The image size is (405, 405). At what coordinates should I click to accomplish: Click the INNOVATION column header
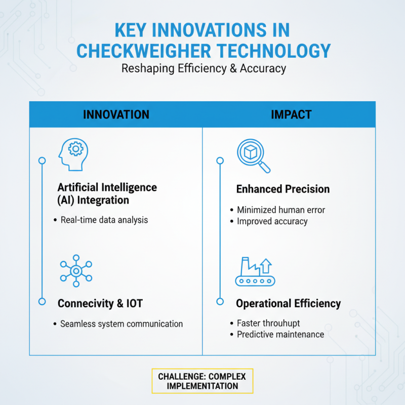point(116,114)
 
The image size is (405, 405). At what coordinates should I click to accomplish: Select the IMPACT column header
point(291,114)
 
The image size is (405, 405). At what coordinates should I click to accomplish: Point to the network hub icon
point(76,271)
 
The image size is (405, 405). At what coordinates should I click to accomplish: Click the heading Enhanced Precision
point(282,189)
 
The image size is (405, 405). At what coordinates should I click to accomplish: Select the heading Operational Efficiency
point(288,304)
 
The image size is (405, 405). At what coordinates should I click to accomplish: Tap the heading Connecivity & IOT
point(100,304)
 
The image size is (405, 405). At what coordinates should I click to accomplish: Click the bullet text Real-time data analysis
point(104,220)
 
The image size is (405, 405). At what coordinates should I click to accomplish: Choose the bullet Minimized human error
point(281,210)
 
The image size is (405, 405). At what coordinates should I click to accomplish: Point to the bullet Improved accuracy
point(272,221)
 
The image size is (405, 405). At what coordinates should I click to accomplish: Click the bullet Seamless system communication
point(121,324)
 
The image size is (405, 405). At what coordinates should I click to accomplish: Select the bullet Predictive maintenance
point(280,334)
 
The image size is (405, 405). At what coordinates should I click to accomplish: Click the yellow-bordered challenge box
point(202,381)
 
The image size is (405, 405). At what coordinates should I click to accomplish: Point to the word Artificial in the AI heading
point(80,187)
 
